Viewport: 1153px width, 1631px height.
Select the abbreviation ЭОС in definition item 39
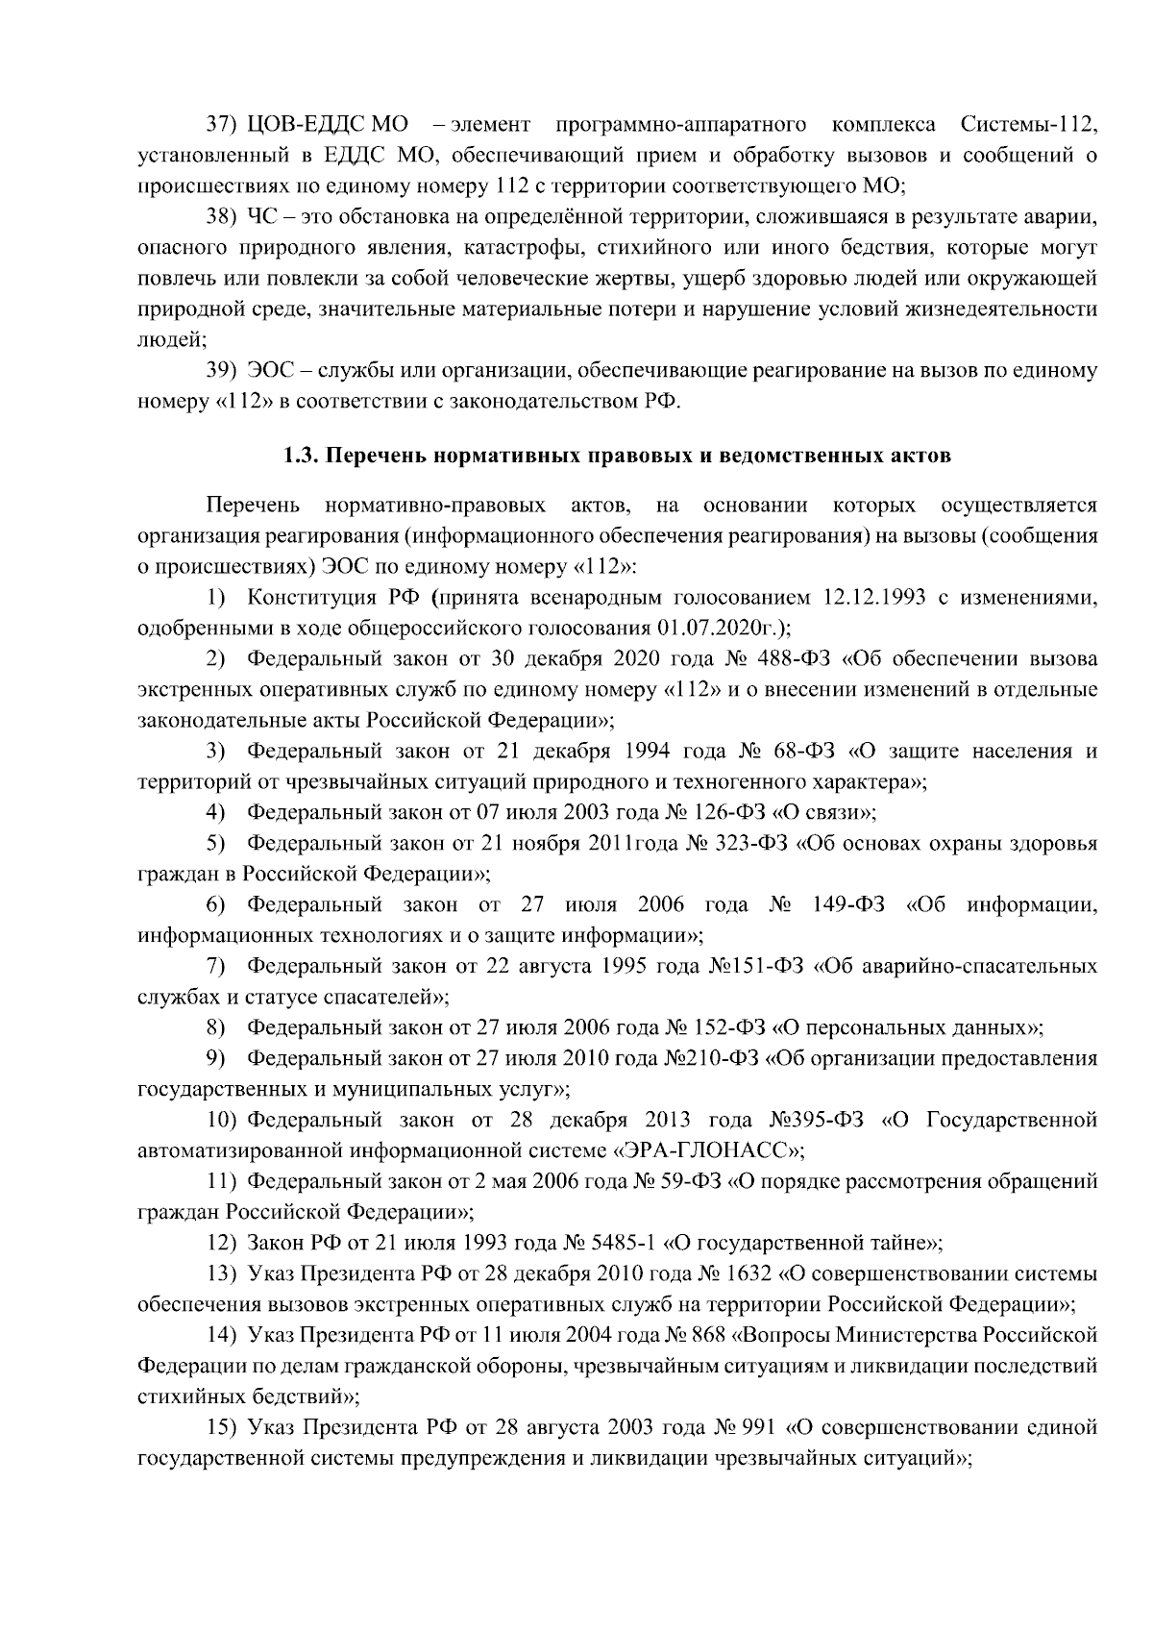point(271,371)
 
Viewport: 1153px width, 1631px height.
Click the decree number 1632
point(749,1274)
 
